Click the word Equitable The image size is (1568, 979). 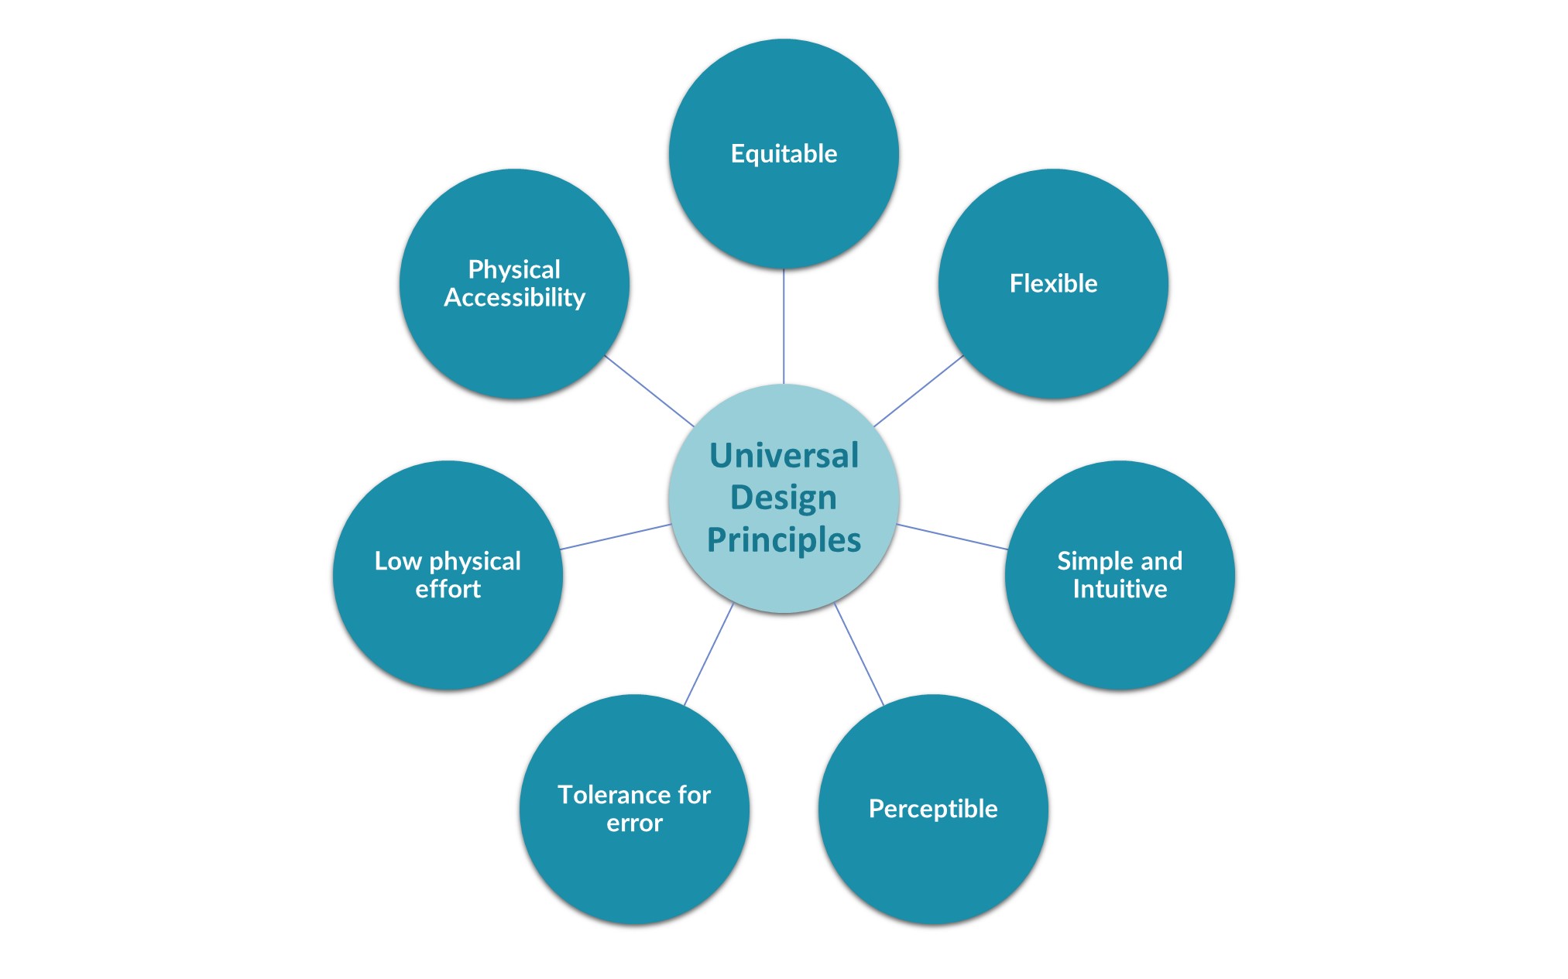pos(784,154)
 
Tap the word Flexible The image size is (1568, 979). pos(1053,284)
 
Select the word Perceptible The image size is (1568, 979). pos(933,809)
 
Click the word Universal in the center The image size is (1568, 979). pos(784,456)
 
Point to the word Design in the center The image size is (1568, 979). pos(784,498)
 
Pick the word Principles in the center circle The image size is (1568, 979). pos(784,540)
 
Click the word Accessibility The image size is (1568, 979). pos(514,298)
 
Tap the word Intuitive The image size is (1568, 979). pos(1120,590)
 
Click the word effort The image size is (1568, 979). pos(448,590)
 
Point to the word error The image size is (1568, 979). pos(634,823)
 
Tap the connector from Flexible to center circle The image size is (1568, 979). pos(918,391)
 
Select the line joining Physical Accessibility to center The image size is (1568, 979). pos(649,391)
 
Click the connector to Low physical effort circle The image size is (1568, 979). pos(616,537)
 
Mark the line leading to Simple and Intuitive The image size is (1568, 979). pos(952,537)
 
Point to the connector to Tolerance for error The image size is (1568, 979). pos(709,654)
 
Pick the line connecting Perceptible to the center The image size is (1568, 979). pos(859,654)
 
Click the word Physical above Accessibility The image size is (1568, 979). pos(514,269)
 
